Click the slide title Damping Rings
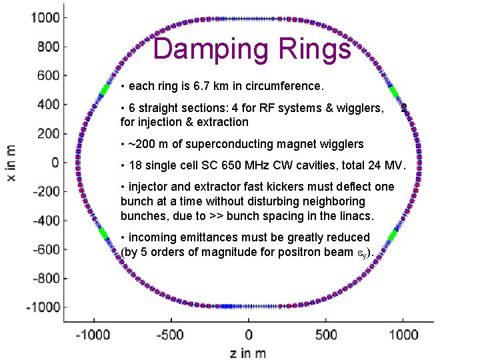(x=251, y=49)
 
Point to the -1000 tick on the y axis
(x=42, y=307)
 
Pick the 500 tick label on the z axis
(x=326, y=335)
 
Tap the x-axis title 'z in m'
(x=248, y=353)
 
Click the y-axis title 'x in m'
(x=11, y=161)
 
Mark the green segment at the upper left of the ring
(x=104, y=90)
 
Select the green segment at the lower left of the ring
(x=104, y=233)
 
